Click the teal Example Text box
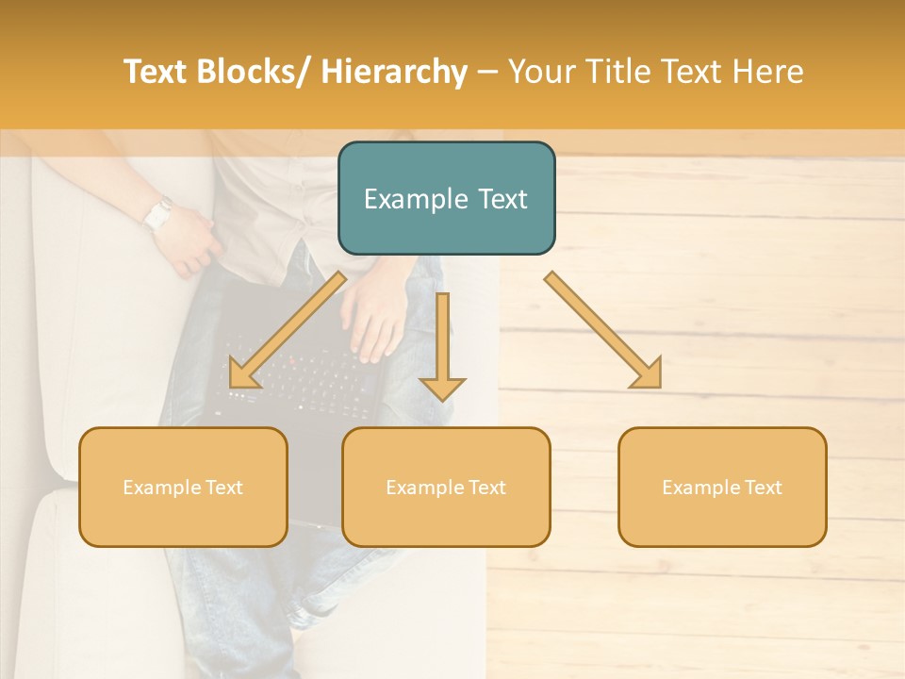click(x=446, y=198)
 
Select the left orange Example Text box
click(x=183, y=487)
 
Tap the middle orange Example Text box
click(x=446, y=487)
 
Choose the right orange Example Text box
click(x=722, y=487)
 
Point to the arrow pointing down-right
click(x=603, y=330)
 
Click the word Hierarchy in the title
click(x=393, y=73)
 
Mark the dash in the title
click(x=487, y=73)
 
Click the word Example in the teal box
click(x=411, y=199)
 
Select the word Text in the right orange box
click(x=762, y=487)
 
